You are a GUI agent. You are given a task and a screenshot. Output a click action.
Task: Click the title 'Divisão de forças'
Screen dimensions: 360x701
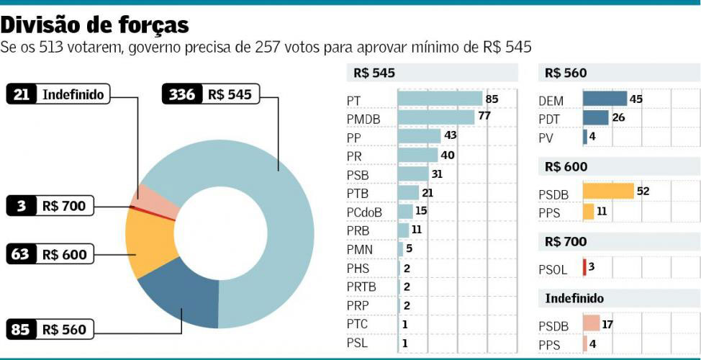point(95,24)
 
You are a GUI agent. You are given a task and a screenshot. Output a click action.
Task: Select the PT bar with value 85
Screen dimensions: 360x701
point(440,99)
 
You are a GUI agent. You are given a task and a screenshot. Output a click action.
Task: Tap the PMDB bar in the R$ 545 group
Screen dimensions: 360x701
point(435,117)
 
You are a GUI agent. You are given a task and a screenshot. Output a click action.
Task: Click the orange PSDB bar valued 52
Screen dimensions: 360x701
point(607,192)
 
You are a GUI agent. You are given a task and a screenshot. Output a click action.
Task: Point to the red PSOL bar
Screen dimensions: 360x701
point(584,268)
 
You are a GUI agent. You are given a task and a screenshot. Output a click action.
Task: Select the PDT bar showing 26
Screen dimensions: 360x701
point(595,118)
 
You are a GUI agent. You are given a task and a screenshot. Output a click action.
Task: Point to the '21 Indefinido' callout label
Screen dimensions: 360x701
point(58,94)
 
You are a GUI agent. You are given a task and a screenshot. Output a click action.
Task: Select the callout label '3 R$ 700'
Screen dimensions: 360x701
point(50,207)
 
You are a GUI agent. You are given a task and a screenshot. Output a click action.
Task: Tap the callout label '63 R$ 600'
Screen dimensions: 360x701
point(50,254)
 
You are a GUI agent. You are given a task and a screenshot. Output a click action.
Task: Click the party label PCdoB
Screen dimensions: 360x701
point(364,212)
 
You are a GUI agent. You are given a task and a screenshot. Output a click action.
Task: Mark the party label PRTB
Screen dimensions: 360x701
point(362,287)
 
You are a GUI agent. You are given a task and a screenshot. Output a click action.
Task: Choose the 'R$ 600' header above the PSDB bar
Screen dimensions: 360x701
point(566,167)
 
